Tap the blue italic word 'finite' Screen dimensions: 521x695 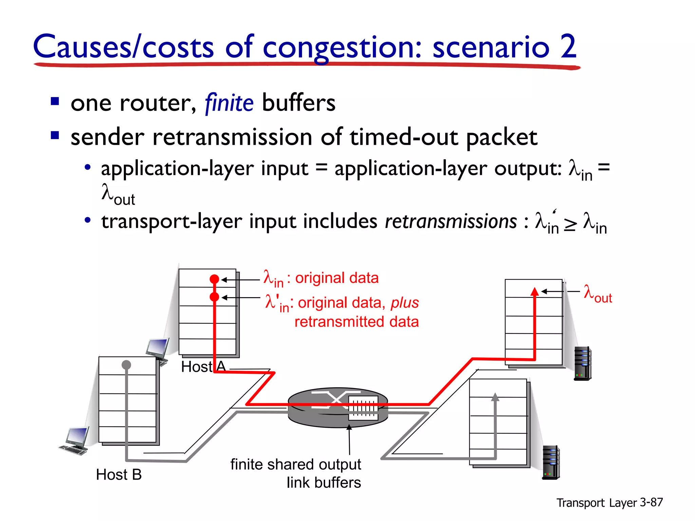tap(229, 103)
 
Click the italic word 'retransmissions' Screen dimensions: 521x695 tap(451, 221)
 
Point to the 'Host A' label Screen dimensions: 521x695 tap(203, 367)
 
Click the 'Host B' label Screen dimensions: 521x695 tap(119, 475)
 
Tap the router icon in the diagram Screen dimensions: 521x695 tap(338, 407)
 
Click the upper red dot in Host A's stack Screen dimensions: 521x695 tap(214, 279)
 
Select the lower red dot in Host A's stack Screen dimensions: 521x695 tap(214, 297)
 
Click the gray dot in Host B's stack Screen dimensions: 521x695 tap(126, 365)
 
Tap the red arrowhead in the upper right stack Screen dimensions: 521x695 tap(535, 292)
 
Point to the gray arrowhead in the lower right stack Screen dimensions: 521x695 tap(495, 397)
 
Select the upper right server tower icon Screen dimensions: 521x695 tap(583, 363)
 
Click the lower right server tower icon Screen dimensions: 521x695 tap(551, 462)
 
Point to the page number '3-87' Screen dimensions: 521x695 tap(651, 502)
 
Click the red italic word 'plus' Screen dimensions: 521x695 tap(405, 303)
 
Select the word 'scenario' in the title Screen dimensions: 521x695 tap(491, 47)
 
